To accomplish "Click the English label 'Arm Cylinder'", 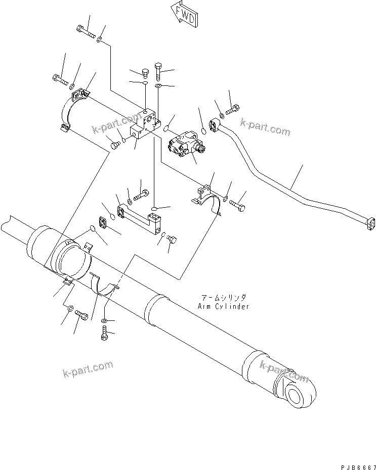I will (224, 307).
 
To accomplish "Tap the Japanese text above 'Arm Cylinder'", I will (224, 299).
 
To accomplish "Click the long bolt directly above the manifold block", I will (157, 72).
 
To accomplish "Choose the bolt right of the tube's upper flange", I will (233, 108).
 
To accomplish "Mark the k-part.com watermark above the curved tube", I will (265, 127).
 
